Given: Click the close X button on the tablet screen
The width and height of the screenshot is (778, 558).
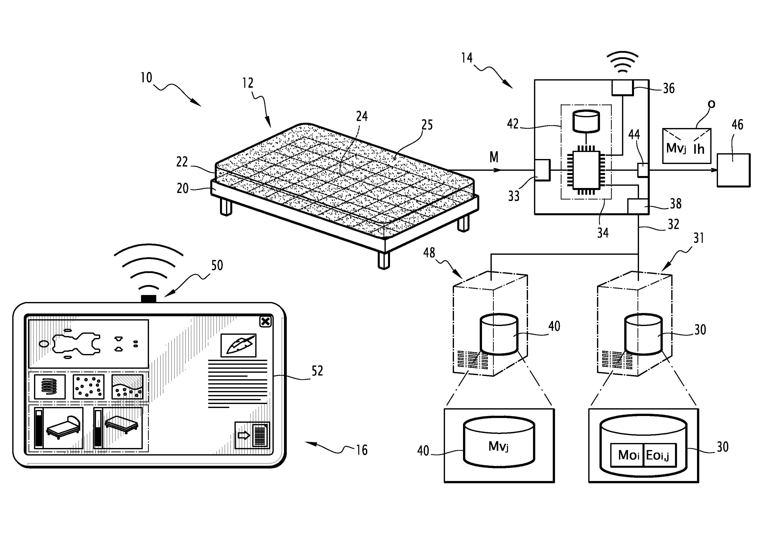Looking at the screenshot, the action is [265, 322].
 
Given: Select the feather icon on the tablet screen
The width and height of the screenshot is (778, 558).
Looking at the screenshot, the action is [238, 345].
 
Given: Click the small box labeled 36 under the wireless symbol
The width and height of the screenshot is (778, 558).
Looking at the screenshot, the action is [622, 88].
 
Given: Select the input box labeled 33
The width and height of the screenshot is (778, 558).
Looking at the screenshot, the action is [542, 170].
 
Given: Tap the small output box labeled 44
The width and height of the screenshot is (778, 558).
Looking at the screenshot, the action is [643, 170].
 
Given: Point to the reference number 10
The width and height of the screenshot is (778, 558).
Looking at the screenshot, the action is [146, 78].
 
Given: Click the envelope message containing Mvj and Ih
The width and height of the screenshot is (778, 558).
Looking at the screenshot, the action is [686, 146].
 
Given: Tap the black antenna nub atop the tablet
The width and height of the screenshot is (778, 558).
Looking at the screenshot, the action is [148, 299].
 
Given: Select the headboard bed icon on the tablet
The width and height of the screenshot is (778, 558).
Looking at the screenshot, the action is [59, 428].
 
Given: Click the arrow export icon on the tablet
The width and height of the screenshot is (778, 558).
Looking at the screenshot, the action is [252, 435].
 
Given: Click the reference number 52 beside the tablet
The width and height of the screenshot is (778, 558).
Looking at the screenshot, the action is [317, 371].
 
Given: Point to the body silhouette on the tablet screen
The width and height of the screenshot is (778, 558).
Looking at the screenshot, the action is [76, 343].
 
